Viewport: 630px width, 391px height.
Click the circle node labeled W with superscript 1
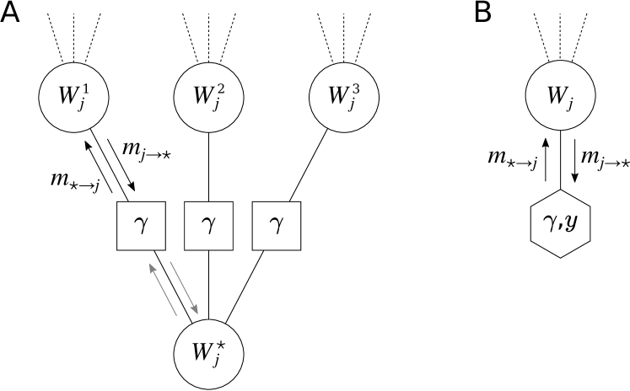[x=73, y=97]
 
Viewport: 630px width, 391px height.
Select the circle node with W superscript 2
[x=208, y=97]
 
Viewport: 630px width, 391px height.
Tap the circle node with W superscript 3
[x=343, y=97]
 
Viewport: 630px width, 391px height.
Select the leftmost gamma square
[x=141, y=226]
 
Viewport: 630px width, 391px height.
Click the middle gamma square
[x=208, y=226]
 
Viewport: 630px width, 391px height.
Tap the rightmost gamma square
[x=276, y=226]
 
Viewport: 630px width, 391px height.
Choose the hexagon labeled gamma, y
[x=560, y=225]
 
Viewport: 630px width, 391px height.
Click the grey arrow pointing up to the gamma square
[x=163, y=289]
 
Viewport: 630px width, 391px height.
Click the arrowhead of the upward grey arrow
[x=152, y=267]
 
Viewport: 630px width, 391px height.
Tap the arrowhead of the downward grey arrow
[x=195, y=310]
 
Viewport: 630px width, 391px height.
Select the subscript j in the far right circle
[x=571, y=103]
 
